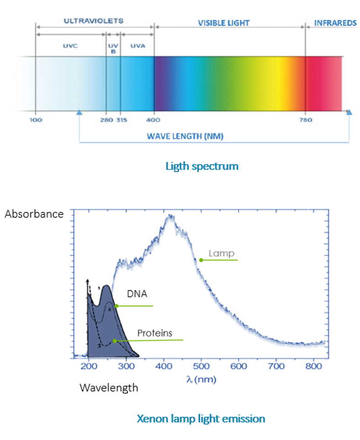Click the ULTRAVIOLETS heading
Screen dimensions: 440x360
(x=93, y=21)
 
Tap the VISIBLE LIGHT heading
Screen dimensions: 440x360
(x=224, y=23)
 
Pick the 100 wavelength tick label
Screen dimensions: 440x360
(x=36, y=120)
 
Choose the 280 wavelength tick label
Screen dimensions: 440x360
(x=106, y=120)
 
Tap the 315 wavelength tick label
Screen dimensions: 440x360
(x=121, y=120)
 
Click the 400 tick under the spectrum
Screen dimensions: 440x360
(x=154, y=120)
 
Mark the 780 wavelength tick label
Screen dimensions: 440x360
(x=306, y=120)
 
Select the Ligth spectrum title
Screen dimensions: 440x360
(x=208, y=166)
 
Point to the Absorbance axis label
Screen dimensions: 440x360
(x=34, y=214)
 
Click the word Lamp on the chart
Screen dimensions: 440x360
(x=222, y=253)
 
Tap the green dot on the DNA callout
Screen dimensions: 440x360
(x=116, y=306)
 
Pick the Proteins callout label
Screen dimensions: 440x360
(x=155, y=333)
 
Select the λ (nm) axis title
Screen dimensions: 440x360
(x=200, y=379)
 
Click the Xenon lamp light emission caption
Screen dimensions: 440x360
(x=201, y=418)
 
